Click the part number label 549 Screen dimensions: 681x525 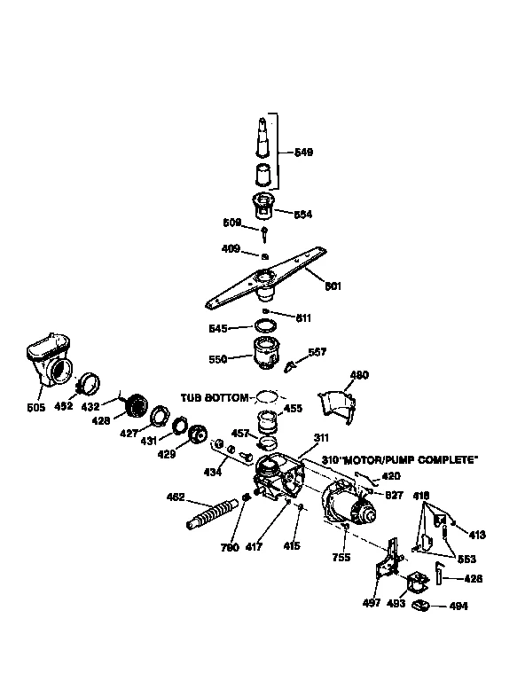pos(302,153)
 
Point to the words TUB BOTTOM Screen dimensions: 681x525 pos(214,398)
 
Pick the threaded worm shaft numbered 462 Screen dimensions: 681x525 pos(214,514)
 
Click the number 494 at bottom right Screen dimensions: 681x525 pos(458,607)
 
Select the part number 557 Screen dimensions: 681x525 pos(317,352)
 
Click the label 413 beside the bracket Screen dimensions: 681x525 pos(477,535)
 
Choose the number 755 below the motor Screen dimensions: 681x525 pos(341,557)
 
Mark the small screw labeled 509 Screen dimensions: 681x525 pos(264,231)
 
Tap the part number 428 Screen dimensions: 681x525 pos(100,420)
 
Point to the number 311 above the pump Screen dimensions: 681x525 pos(320,438)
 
